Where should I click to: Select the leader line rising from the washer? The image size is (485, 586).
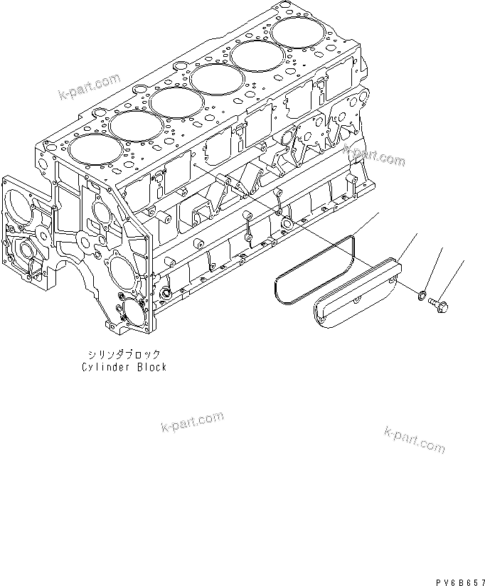434,269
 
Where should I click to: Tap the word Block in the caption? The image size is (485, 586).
151,367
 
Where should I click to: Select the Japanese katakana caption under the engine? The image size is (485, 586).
123,353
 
